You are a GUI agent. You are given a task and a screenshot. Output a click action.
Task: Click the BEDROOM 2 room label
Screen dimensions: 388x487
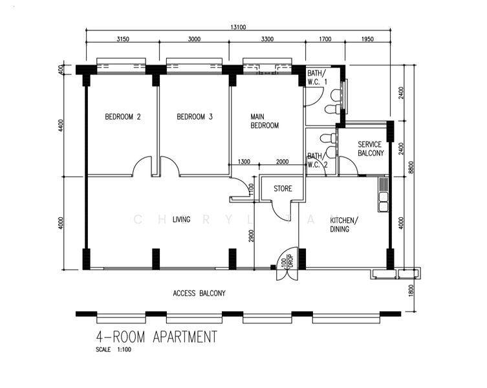123,117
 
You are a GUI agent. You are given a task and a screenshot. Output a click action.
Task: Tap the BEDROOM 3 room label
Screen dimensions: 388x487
195,117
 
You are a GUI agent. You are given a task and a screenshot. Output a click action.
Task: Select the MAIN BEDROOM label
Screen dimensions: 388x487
265,121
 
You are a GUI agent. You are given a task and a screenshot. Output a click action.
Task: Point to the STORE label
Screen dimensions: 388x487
283,189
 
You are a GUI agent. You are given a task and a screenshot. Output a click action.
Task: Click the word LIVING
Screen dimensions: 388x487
181,219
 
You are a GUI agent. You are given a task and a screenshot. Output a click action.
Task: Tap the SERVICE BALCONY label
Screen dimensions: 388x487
371,149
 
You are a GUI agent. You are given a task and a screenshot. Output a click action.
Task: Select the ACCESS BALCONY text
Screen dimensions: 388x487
199,293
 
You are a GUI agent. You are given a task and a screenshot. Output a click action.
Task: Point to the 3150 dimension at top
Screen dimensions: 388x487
122,39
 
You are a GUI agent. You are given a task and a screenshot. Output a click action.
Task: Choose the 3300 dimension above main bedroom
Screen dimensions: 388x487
266,39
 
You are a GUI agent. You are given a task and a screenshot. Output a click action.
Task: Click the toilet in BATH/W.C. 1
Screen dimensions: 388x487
333,96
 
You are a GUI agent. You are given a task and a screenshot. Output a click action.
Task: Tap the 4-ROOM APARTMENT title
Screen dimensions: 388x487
156,337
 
